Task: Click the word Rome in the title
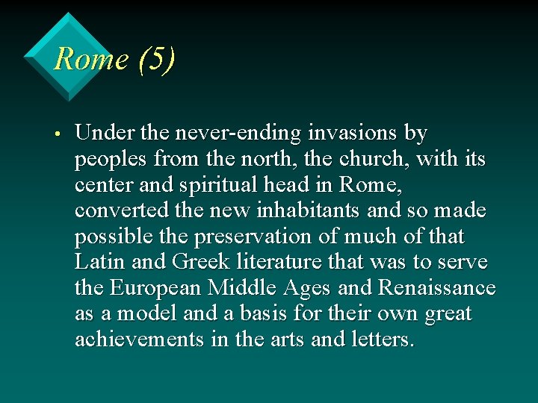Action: (91, 59)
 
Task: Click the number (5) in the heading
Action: (155, 59)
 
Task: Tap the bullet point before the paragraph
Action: (57, 135)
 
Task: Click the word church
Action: (379, 159)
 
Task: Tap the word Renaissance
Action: (437, 287)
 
